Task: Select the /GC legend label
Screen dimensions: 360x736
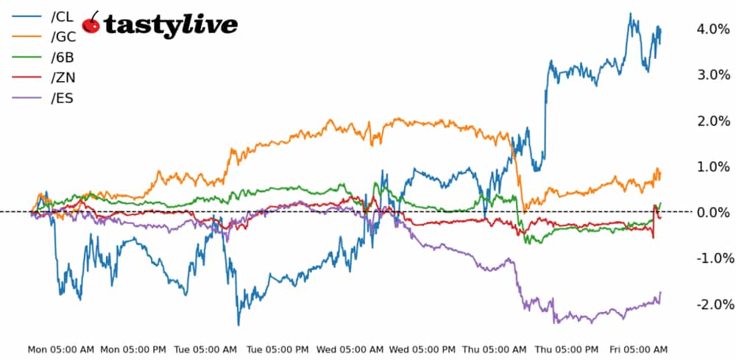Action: point(63,37)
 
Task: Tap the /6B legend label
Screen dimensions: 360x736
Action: point(63,57)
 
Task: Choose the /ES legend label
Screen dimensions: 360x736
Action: point(62,98)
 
